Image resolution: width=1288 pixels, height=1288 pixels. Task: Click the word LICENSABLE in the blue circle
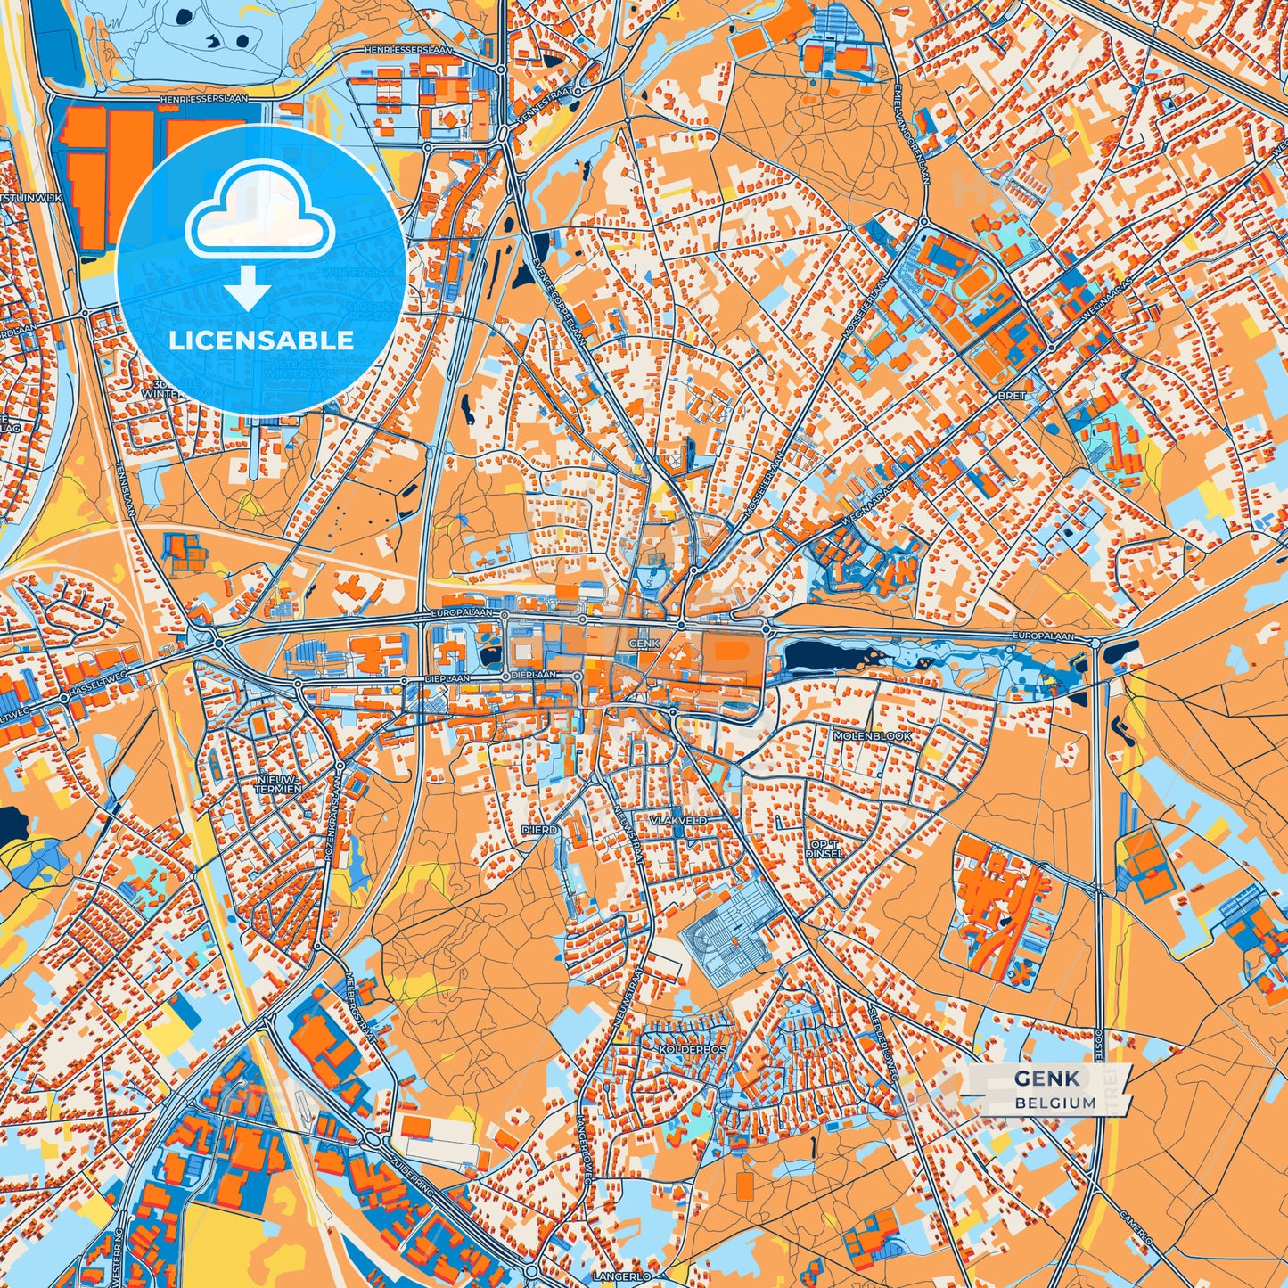(262, 340)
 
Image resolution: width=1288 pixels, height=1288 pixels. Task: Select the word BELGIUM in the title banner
(1055, 1103)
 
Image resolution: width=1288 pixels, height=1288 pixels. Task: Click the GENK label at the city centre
(644, 643)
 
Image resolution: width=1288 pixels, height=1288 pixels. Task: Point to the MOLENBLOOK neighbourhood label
(873, 736)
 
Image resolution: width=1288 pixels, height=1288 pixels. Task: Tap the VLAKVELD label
(678, 820)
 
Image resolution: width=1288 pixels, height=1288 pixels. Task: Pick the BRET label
(1012, 395)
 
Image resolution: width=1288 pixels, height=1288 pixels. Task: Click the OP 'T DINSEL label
(824, 848)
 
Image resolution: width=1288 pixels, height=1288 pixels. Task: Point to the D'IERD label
(540, 830)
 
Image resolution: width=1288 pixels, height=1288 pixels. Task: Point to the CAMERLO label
(1137, 1227)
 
